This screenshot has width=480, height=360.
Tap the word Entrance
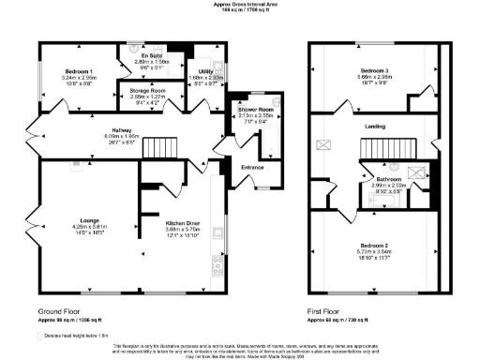click(x=253, y=168)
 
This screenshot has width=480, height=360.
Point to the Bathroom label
click(x=388, y=179)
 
